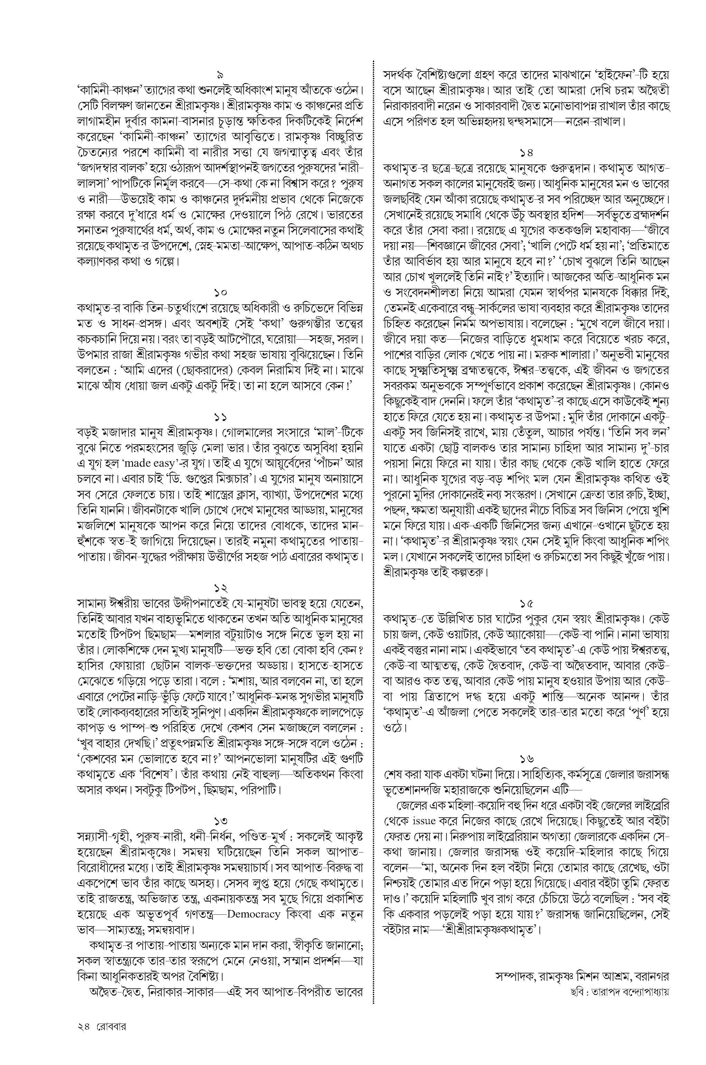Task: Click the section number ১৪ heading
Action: coord(526,152)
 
